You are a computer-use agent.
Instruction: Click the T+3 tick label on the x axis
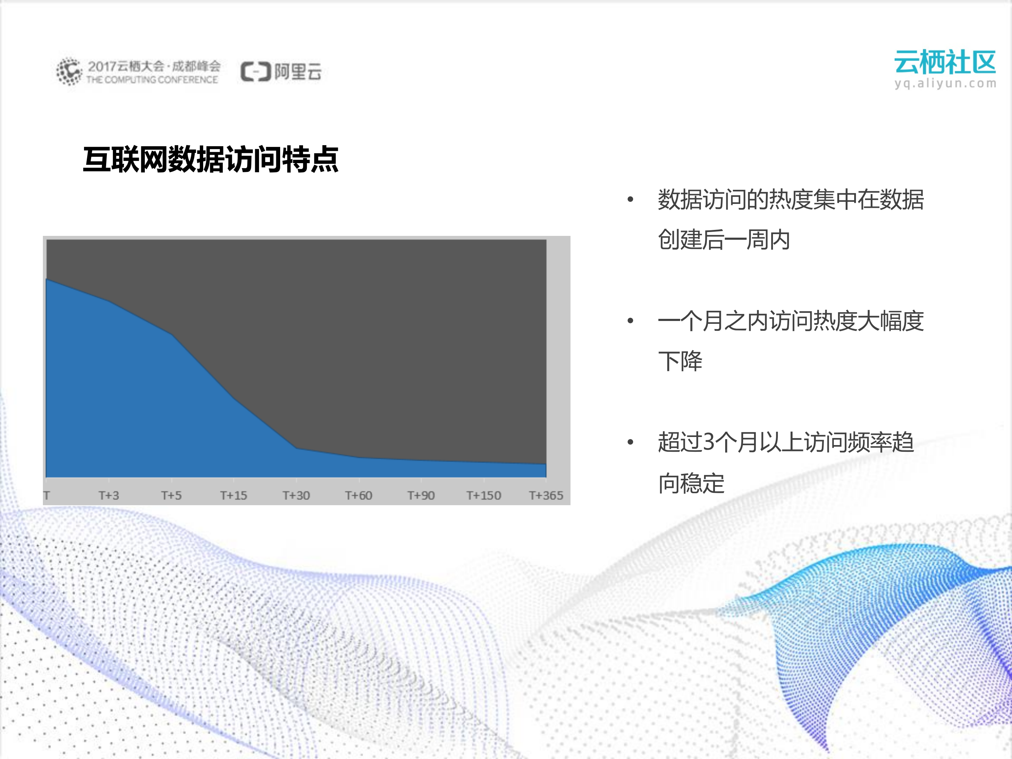(x=109, y=495)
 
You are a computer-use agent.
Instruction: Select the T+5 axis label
(x=172, y=495)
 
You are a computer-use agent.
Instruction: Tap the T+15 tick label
(x=234, y=495)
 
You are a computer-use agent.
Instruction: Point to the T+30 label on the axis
(x=296, y=495)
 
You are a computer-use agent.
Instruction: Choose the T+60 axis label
(x=359, y=495)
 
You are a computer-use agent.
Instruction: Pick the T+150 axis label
(x=484, y=495)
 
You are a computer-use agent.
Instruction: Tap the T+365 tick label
(x=546, y=495)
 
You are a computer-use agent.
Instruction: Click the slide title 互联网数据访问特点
(x=211, y=160)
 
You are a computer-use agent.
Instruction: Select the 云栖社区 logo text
(x=945, y=62)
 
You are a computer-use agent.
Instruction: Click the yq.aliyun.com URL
(x=945, y=83)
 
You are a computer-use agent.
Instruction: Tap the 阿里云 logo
(x=281, y=72)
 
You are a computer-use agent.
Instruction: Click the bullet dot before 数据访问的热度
(x=631, y=199)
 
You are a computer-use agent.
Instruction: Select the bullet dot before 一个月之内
(x=631, y=321)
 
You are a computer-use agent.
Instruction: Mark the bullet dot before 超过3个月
(x=631, y=442)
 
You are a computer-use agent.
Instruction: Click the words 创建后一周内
(x=724, y=240)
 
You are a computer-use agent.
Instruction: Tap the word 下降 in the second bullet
(x=680, y=361)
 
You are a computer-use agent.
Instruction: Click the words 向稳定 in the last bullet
(x=691, y=483)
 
